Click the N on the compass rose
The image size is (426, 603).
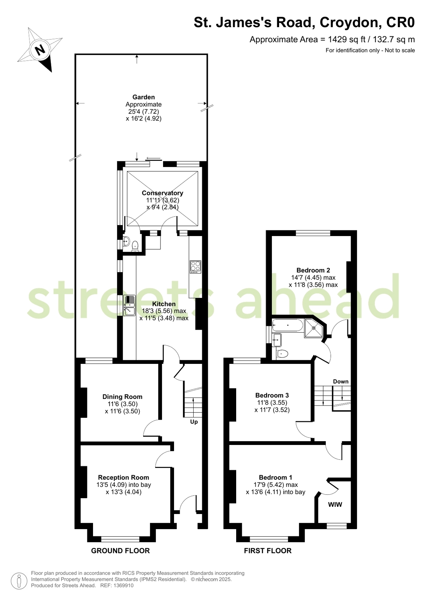click(x=40, y=49)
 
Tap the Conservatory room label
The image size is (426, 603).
click(x=162, y=193)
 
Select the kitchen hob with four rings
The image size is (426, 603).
click(x=195, y=267)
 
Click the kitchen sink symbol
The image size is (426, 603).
click(x=129, y=305)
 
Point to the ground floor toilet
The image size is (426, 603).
click(x=135, y=246)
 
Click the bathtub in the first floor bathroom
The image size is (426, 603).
click(x=287, y=325)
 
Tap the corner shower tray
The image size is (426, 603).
click(x=313, y=328)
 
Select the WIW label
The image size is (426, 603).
click(x=335, y=505)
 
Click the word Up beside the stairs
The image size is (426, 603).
click(x=194, y=422)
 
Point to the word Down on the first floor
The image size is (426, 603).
click(x=341, y=382)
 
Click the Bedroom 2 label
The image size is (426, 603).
click(x=313, y=270)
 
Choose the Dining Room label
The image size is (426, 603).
click(x=122, y=397)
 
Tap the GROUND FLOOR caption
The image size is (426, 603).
click(x=121, y=551)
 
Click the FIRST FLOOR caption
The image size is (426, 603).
click(x=267, y=551)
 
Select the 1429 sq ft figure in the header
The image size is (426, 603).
click(x=347, y=40)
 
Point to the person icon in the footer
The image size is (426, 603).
click(x=19, y=581)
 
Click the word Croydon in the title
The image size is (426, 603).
click(x=350, y=22)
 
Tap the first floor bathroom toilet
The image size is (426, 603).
click(x=282, y=353)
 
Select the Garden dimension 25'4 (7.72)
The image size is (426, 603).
click(x=144, y=112)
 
